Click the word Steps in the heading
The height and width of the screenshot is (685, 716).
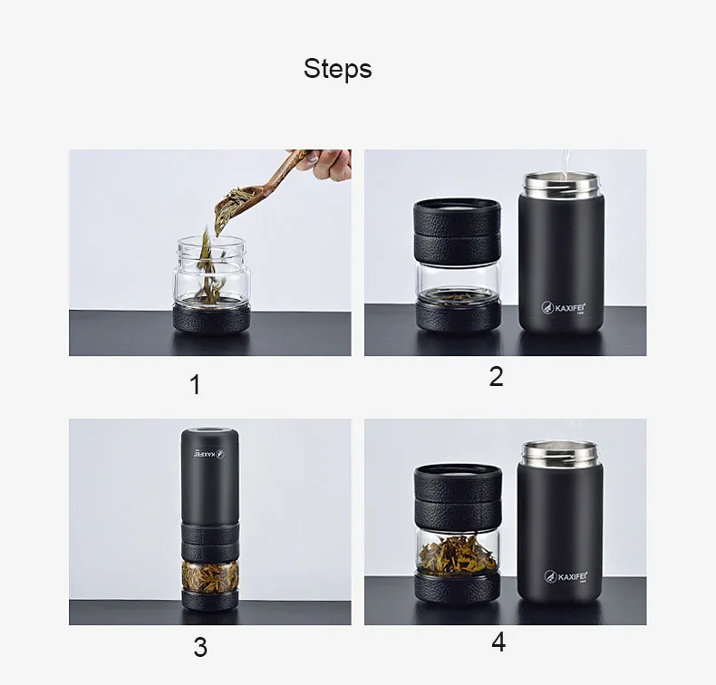click(x=337, y=69)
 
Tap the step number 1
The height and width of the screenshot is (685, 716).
click(x=195, y=385)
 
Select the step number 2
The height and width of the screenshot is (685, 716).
click(x=496, y=377)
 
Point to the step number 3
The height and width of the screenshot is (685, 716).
click(x=200, y=647)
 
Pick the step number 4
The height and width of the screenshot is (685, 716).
click(x=498, y=642)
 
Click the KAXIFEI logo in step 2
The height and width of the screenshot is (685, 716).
click(x=564, y=307)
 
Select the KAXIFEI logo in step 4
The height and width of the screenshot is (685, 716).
click(x=566, y=576)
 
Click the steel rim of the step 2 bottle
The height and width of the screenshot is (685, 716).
click(x=560, y=183)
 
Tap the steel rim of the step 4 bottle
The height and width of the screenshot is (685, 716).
click(x=560, y=452)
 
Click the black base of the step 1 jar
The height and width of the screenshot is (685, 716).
click(x=211, y=319)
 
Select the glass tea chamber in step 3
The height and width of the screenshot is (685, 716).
click(x=210, y=575)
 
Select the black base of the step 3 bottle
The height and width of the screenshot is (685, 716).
click(x=210, y=600)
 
